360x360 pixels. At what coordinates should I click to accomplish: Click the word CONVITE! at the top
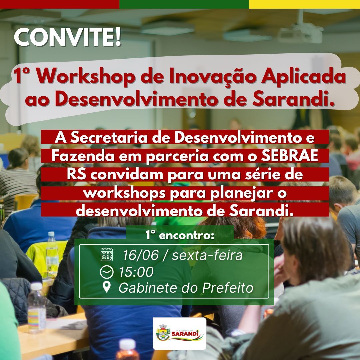tap(67, 38)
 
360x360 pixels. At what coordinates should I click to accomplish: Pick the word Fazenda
tap(83, 156)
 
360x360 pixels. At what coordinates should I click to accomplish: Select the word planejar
tap(240, 194)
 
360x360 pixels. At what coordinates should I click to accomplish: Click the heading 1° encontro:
tap(180, 235)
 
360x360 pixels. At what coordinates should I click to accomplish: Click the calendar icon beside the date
tap(107, 254)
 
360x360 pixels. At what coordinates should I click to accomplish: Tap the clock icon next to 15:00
tap(107, 272)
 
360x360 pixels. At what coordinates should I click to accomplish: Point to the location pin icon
tap(107, 287)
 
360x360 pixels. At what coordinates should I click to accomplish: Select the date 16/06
tap(141, 255)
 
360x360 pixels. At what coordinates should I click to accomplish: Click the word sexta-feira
tap(207, 255)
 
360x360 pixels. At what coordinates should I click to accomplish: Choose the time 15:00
tap(136, 272)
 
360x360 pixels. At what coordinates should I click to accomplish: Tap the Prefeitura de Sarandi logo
tap(180, 334)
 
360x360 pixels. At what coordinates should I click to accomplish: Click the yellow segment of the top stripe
tap(304, 4)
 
